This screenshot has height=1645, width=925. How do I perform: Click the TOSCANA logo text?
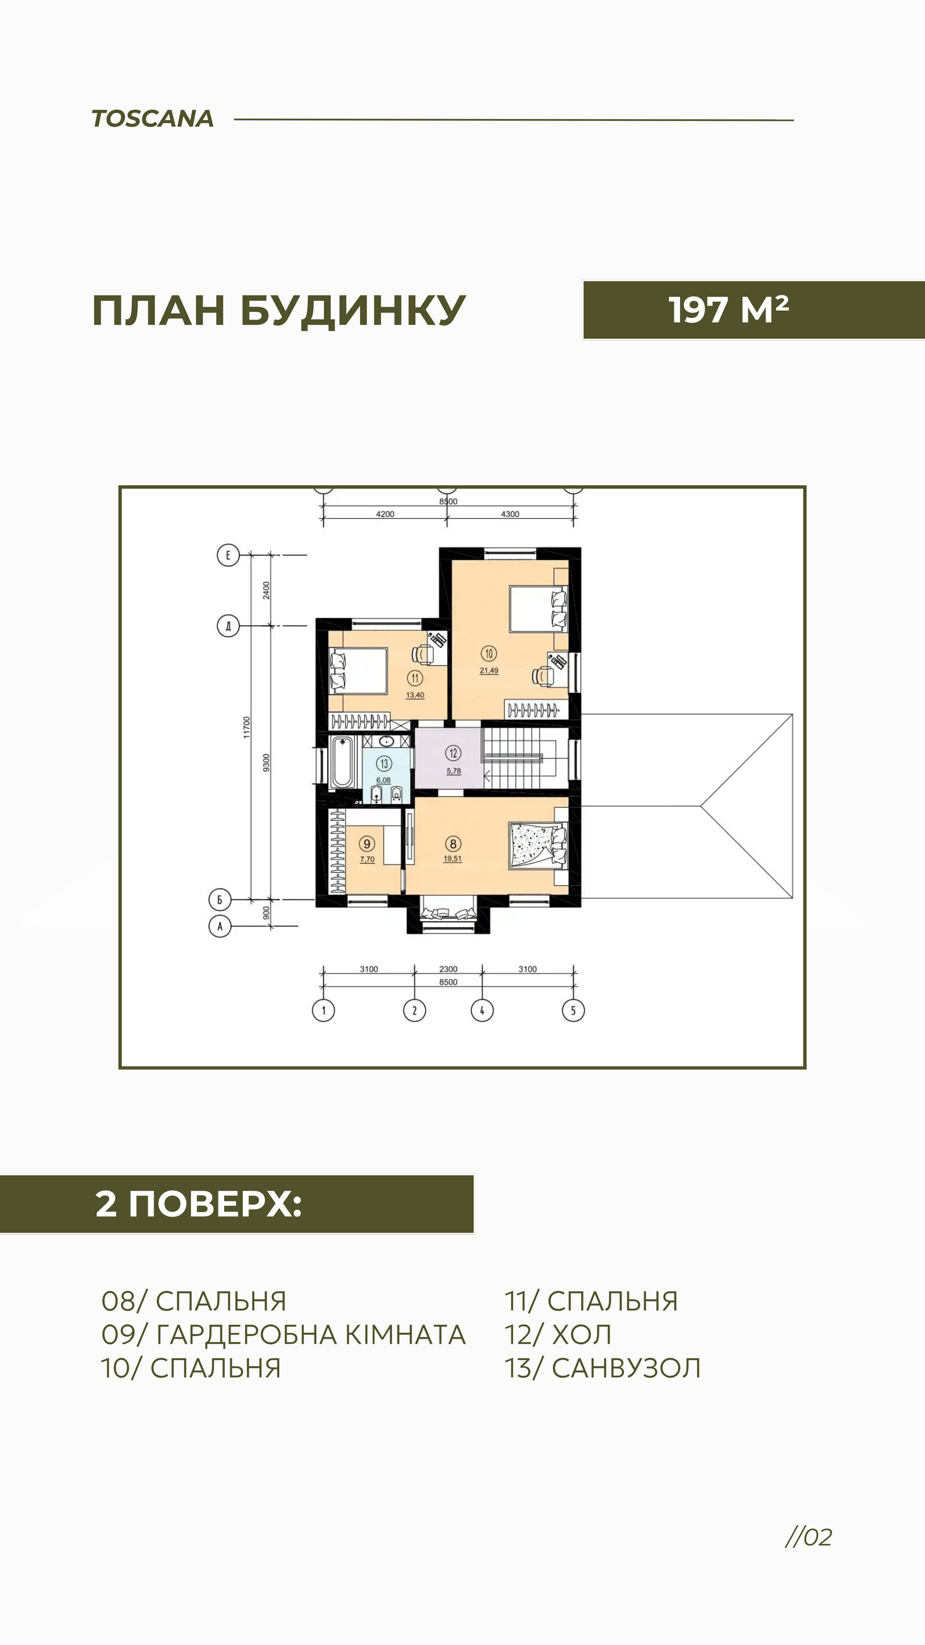(x=153, y=119)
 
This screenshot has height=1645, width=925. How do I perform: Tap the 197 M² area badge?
(x=754, y=310)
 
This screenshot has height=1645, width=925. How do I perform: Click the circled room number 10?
(x=489, y=653)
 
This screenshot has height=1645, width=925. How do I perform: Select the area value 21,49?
(x=489, y=670)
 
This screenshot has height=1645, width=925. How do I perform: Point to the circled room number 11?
(x=415, y=678)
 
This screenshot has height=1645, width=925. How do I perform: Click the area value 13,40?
(x=415, y=695)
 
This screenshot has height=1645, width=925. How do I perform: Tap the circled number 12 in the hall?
(x=453, y=754)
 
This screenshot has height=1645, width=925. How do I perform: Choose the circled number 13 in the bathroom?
(x=384, y=763)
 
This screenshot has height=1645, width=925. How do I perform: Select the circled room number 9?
(x=367, y=843)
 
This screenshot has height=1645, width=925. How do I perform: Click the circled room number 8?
(x=453, y=843)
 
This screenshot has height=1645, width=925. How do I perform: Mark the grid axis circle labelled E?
(x=228, y=555)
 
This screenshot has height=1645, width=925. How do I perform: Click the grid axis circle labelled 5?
(x=573, y=1010)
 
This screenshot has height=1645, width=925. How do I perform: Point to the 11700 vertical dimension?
(x=247, y=727)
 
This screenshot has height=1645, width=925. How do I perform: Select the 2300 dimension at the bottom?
(x=448, y=968)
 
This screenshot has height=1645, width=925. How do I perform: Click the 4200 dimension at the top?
(x=385, y=514)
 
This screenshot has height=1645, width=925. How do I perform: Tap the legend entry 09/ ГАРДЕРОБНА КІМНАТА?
(x=284, y=1335)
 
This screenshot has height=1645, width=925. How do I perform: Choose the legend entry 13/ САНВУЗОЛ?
(x=602, y=1368)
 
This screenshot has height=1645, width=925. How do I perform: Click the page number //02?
(x=809, y=1537)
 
